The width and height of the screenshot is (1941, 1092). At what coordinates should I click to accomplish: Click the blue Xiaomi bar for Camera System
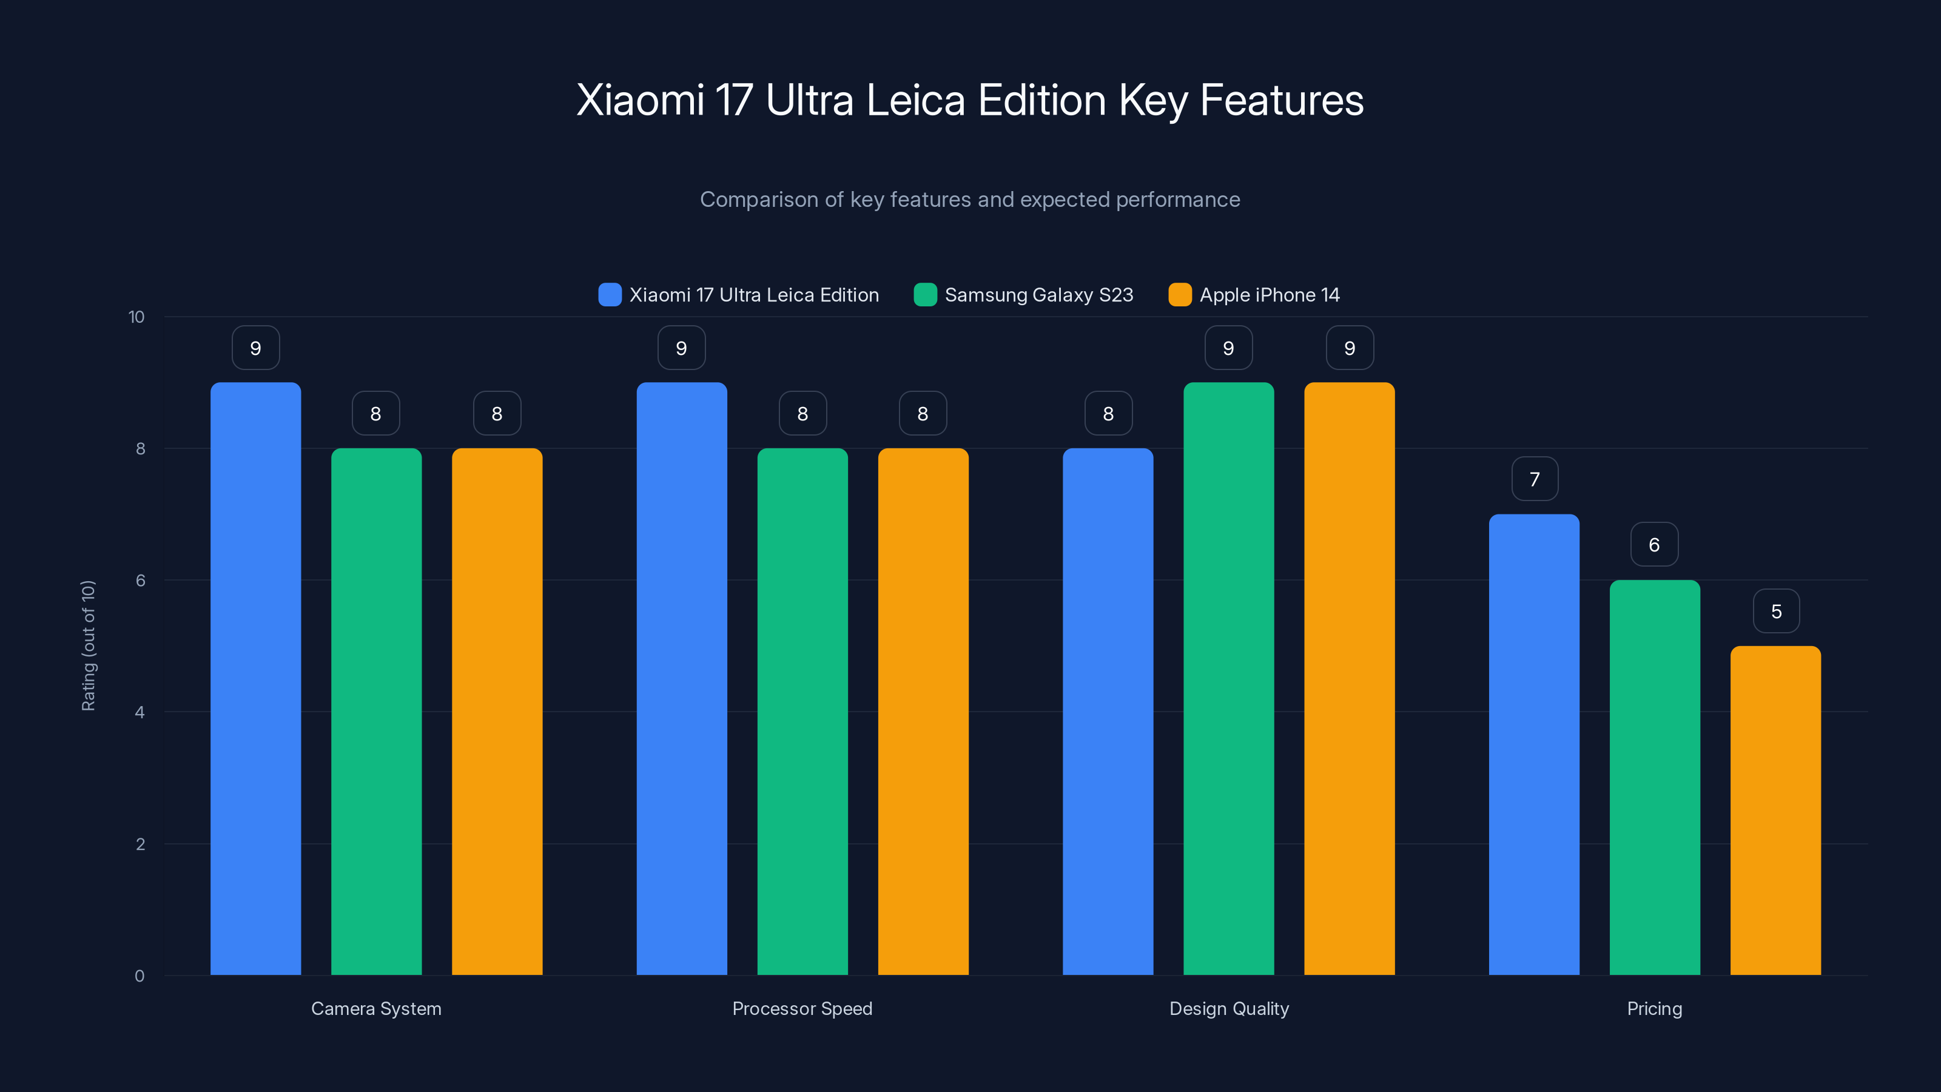pyautogui.click(x=255, y=678)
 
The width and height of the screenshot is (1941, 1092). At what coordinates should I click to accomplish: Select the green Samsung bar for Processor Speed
pyautogui.click(x=802, y=712)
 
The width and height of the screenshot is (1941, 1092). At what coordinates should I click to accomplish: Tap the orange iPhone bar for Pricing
pyautogui.click(x=1775, y=810)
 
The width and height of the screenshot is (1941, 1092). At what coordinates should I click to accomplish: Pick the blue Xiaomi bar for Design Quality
pyautogui.click(x=1108, y=712)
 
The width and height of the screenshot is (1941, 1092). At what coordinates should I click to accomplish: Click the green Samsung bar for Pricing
pyautogui.click(x=1655, y=777)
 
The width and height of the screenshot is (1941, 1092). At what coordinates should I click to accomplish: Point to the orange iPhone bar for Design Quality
pyautogui.click(x=1350, y=678)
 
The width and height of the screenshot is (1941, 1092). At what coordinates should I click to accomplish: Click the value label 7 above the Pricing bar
pyautogui.click(x=1535, y=479)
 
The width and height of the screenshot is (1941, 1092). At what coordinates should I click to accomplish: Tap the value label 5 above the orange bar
pyautogui.click(x=1776, y=611)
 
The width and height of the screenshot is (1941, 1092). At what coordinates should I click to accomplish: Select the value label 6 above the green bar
pyautogui.click(x=1655, y=545)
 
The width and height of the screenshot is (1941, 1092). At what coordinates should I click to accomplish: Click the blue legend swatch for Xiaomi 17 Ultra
pyautogui.click(x=610, y=295)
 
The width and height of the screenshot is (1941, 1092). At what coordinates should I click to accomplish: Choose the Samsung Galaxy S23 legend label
pyautogui.click(x=1038, y=295)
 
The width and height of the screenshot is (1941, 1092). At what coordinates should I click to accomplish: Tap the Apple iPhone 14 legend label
pyautogui.click(x=1270, y=295)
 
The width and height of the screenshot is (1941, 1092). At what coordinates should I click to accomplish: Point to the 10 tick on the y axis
pyautogui.click(x=136, y=317)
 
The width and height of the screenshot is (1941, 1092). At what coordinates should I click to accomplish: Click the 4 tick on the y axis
pyautogui.click(x=140, y=712)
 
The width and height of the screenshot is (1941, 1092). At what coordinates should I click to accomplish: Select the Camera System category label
pyautogui.click(x=376, y=1008)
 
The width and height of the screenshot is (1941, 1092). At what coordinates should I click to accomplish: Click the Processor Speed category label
pyautogui.click(x=802, y=1008)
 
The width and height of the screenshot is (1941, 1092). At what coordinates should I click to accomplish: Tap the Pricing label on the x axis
pyautogui.click(x=1655, y=1008)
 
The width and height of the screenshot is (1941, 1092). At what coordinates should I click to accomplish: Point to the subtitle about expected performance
pyautogui.click(x=970, y=200)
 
